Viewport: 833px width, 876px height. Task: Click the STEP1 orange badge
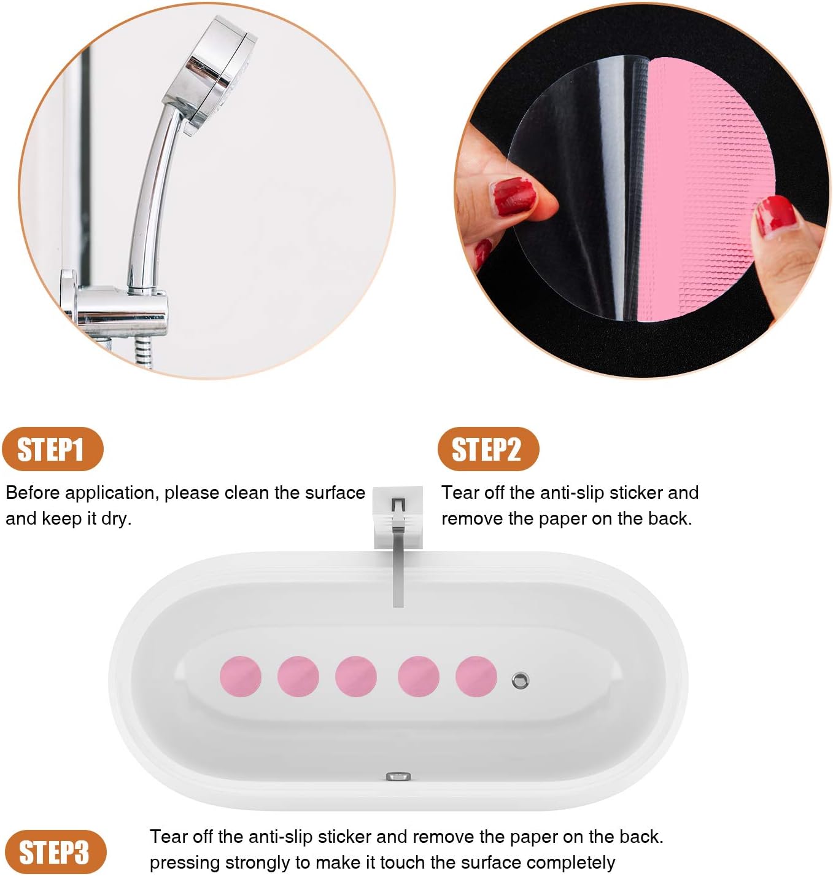click(x=52, y=449)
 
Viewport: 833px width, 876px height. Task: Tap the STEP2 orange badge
click(x=487, y=449)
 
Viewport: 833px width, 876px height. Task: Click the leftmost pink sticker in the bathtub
click(x=241, y=676)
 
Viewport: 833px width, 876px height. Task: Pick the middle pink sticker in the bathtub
click(x=356, y=676)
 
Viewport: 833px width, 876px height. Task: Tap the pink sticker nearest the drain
click(x=476, y=676)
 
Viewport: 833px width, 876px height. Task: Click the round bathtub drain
click(x=520, y=681)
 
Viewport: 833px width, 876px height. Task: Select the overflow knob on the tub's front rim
click(x=399, y=776)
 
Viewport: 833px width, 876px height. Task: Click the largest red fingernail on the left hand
click(x=513, y=197)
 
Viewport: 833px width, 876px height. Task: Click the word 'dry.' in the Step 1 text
click(x=116, y=518)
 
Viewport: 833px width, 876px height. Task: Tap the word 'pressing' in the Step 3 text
click(x=184, y=862)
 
